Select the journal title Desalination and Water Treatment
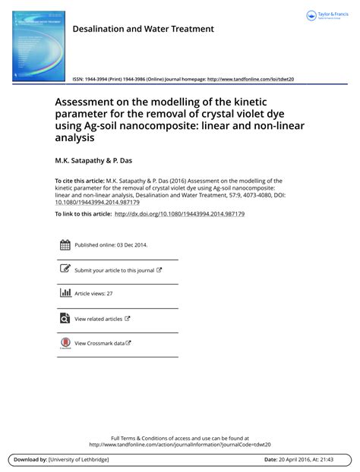tap(143, 29)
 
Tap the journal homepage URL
tap(250, 79)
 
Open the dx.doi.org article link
tap(179, 214)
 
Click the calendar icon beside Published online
tap(65, 245)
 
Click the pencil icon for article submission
tap(65, 269)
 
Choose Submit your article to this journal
tap(114, 270)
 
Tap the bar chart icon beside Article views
tap(65, 293)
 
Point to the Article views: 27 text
tap(93, 294)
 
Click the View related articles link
tap(98, 319)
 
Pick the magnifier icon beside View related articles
tap(65, 319)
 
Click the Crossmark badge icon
tap(65, 343)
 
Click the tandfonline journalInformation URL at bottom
tap(179, 445)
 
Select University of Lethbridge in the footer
tap(79, 460)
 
